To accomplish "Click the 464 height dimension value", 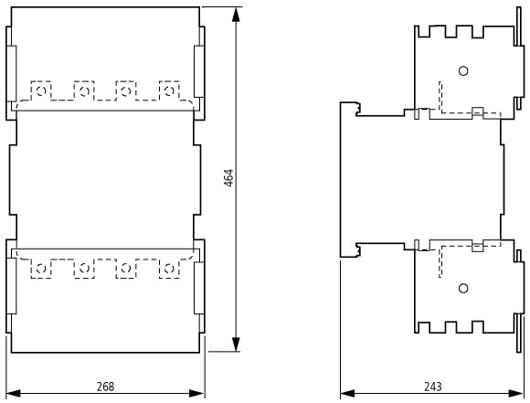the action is click(228, 178).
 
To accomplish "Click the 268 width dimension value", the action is click(105, 387).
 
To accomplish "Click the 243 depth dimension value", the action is click(432, 387).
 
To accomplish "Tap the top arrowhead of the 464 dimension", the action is click(236, 15).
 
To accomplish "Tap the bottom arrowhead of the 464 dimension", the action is click(236, 345).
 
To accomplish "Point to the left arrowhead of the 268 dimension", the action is click(13, 394).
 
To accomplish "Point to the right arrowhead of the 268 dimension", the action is click(197, 394).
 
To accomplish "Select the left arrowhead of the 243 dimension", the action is click(347, 394).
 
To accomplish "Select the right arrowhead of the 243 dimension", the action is click(515, 394).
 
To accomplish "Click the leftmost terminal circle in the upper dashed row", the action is click(41, 90).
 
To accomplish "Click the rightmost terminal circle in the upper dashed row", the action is click(169, 90).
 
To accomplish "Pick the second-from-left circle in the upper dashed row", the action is click(84, 90).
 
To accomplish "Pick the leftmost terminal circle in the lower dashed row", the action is click(41, 269).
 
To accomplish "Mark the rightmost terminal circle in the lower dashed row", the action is click(169, 269).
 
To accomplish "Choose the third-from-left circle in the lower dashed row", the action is click(126, 269).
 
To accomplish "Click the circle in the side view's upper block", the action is click(463, 71).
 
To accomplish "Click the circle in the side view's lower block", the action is click(463, 289).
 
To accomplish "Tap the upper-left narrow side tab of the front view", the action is click(12, 73).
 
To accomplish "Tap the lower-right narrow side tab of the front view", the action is click(199, 288).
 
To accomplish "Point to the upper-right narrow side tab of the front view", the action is click(199, 71).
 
